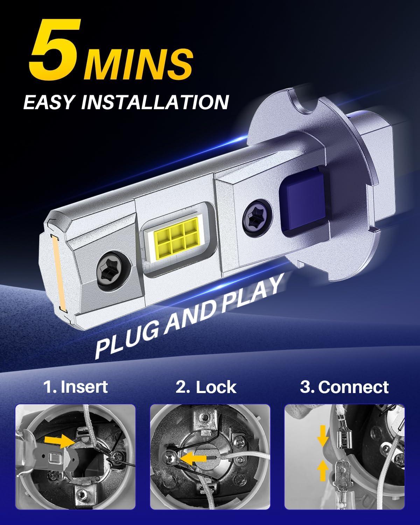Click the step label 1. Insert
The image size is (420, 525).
point(75,387)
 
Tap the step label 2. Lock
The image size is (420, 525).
point(206,387)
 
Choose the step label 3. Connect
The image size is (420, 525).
point(344,387)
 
